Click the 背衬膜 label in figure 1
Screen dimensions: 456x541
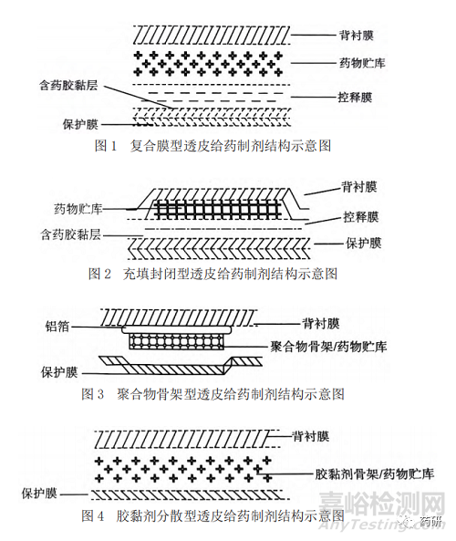pyautogui.click(x=357, y=36)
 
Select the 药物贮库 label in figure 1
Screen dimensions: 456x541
pyautogui.click(x=362, y=63)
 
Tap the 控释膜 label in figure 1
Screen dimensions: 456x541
pyautogui.click(x=355, y=98)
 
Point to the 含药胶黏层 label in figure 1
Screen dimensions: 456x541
pyautogui.click(x=68, y=85)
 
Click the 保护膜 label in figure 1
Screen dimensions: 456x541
pyautogui.click(x=80, y=124)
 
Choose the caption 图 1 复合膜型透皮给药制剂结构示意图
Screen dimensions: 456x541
pyautogui.click(x=212, y=146)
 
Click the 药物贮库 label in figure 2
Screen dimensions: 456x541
pyautogui.click(x=78, y=209)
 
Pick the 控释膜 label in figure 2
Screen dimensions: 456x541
pyautogui.click(x=361, y=217)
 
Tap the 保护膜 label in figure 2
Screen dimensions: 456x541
pyautogui.click(x=364, y=244)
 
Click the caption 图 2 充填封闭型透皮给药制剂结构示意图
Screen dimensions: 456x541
pyautogui.click(x=212, y=274)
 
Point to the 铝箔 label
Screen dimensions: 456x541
pyautogui.click(x=57, y=326)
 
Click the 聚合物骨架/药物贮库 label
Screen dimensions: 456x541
pyautogui.click(x=328, y=346)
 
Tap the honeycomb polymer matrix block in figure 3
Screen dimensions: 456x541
pyautogui.click(x=176, y=341)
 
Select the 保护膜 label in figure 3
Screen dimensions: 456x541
pyautogui.click(x=59, y=372)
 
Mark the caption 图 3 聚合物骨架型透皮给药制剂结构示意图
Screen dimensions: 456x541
pyautogui.click(x=212, y=394)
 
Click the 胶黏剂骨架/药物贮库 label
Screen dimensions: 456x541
pyautogui.click(x=374, y=473)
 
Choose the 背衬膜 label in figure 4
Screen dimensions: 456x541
pyautogui.click(x=310, y=436)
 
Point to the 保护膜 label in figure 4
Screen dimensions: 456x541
pyautogui.click(x=39, y=494)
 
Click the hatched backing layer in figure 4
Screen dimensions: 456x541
pyautogui.click(x=186, y=439)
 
